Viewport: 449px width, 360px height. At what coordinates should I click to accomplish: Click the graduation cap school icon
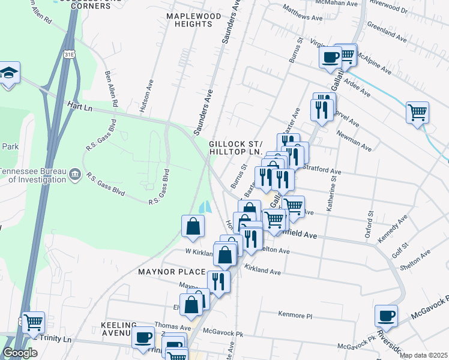click(x=9, y=73)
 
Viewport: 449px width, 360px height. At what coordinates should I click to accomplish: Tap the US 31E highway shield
click(x=68, y=55)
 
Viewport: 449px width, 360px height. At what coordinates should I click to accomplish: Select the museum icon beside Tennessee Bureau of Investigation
click(x=74, y=175)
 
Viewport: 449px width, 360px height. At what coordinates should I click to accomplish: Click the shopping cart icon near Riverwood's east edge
click(x=418, y=112)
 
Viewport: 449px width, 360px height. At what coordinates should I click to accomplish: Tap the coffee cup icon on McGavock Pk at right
click(x=386, y=316)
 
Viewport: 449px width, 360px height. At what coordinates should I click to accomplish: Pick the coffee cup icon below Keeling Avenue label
click(x=143, y=338)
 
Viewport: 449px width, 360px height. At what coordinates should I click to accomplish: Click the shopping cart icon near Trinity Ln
click(x=33, y=322)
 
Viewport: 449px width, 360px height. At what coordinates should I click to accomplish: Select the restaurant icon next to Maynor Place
click(x=218, y=281)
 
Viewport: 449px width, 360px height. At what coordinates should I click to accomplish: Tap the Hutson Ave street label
click(x=144, y=97)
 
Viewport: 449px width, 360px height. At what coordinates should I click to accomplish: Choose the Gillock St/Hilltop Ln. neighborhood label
click(x=236, y=148)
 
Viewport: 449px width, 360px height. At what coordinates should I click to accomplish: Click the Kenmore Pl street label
click(x=296, y=314)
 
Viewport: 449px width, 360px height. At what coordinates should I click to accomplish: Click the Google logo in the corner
click(x=20, y=353)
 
